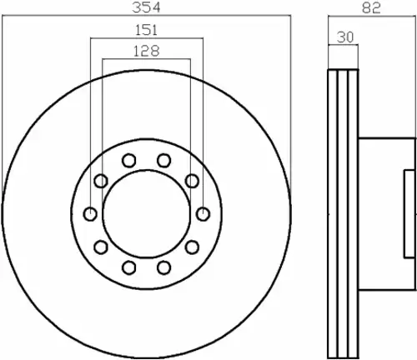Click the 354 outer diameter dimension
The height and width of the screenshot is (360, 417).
pos(147,7)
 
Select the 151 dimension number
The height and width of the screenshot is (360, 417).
pos(147,30)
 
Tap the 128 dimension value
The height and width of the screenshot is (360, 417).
pos(147,51)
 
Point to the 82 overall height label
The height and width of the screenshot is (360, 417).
pos(371,7)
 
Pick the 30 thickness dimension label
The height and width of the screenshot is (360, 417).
pos(345,37)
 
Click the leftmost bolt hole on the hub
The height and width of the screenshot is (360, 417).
pos(90,214)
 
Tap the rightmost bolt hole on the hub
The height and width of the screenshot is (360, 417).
pos(203,214)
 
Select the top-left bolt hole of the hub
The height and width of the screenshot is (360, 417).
pos(129,161)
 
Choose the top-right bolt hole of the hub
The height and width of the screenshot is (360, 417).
pos(163,161)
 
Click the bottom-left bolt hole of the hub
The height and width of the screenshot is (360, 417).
pos(129,267)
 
